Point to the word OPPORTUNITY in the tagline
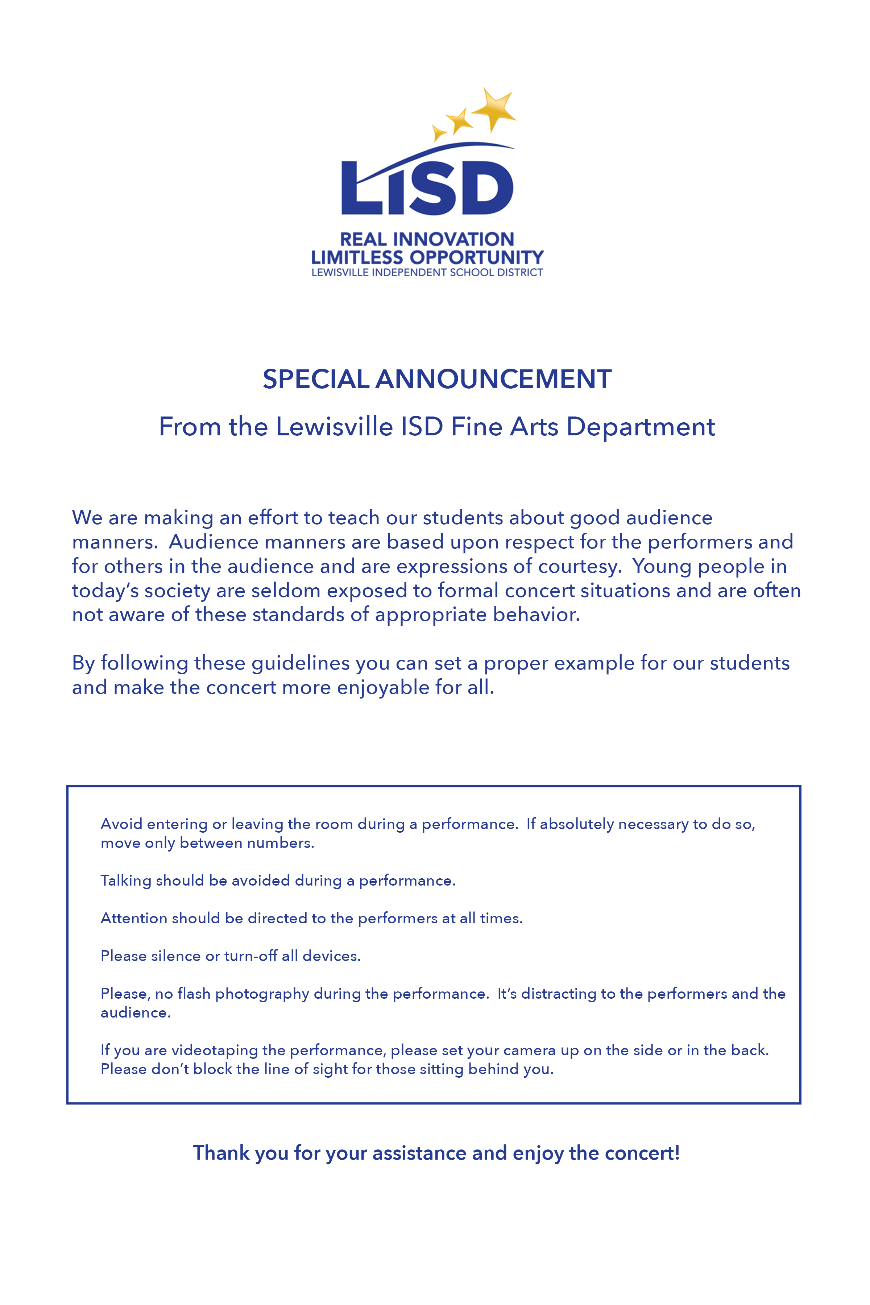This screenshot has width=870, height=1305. click(x=477, y=257)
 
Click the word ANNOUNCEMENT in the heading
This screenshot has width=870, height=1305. click(x=493, y=380)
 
